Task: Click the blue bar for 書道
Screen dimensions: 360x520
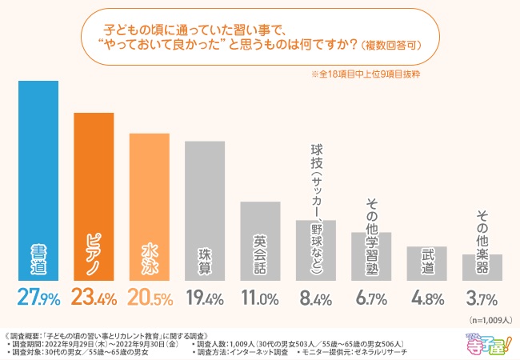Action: (x=38, y=180)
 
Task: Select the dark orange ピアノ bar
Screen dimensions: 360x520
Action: (x=94, y=196)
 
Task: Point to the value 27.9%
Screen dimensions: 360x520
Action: (x=38, y=298)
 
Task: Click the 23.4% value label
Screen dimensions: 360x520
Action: (x=94, y=298)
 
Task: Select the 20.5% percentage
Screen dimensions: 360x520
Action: (x=150, y=298)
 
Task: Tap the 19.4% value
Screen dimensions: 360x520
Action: (x=205, y=298)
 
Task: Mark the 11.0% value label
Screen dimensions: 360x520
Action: (x=261, y=298)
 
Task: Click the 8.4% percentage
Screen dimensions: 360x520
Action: (x=316, y=298)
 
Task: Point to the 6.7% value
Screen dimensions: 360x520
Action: (x=372, y=298)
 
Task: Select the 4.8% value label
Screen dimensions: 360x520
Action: (x=427, y=298)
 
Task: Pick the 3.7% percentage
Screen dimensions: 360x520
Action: (x=483, y=298)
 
